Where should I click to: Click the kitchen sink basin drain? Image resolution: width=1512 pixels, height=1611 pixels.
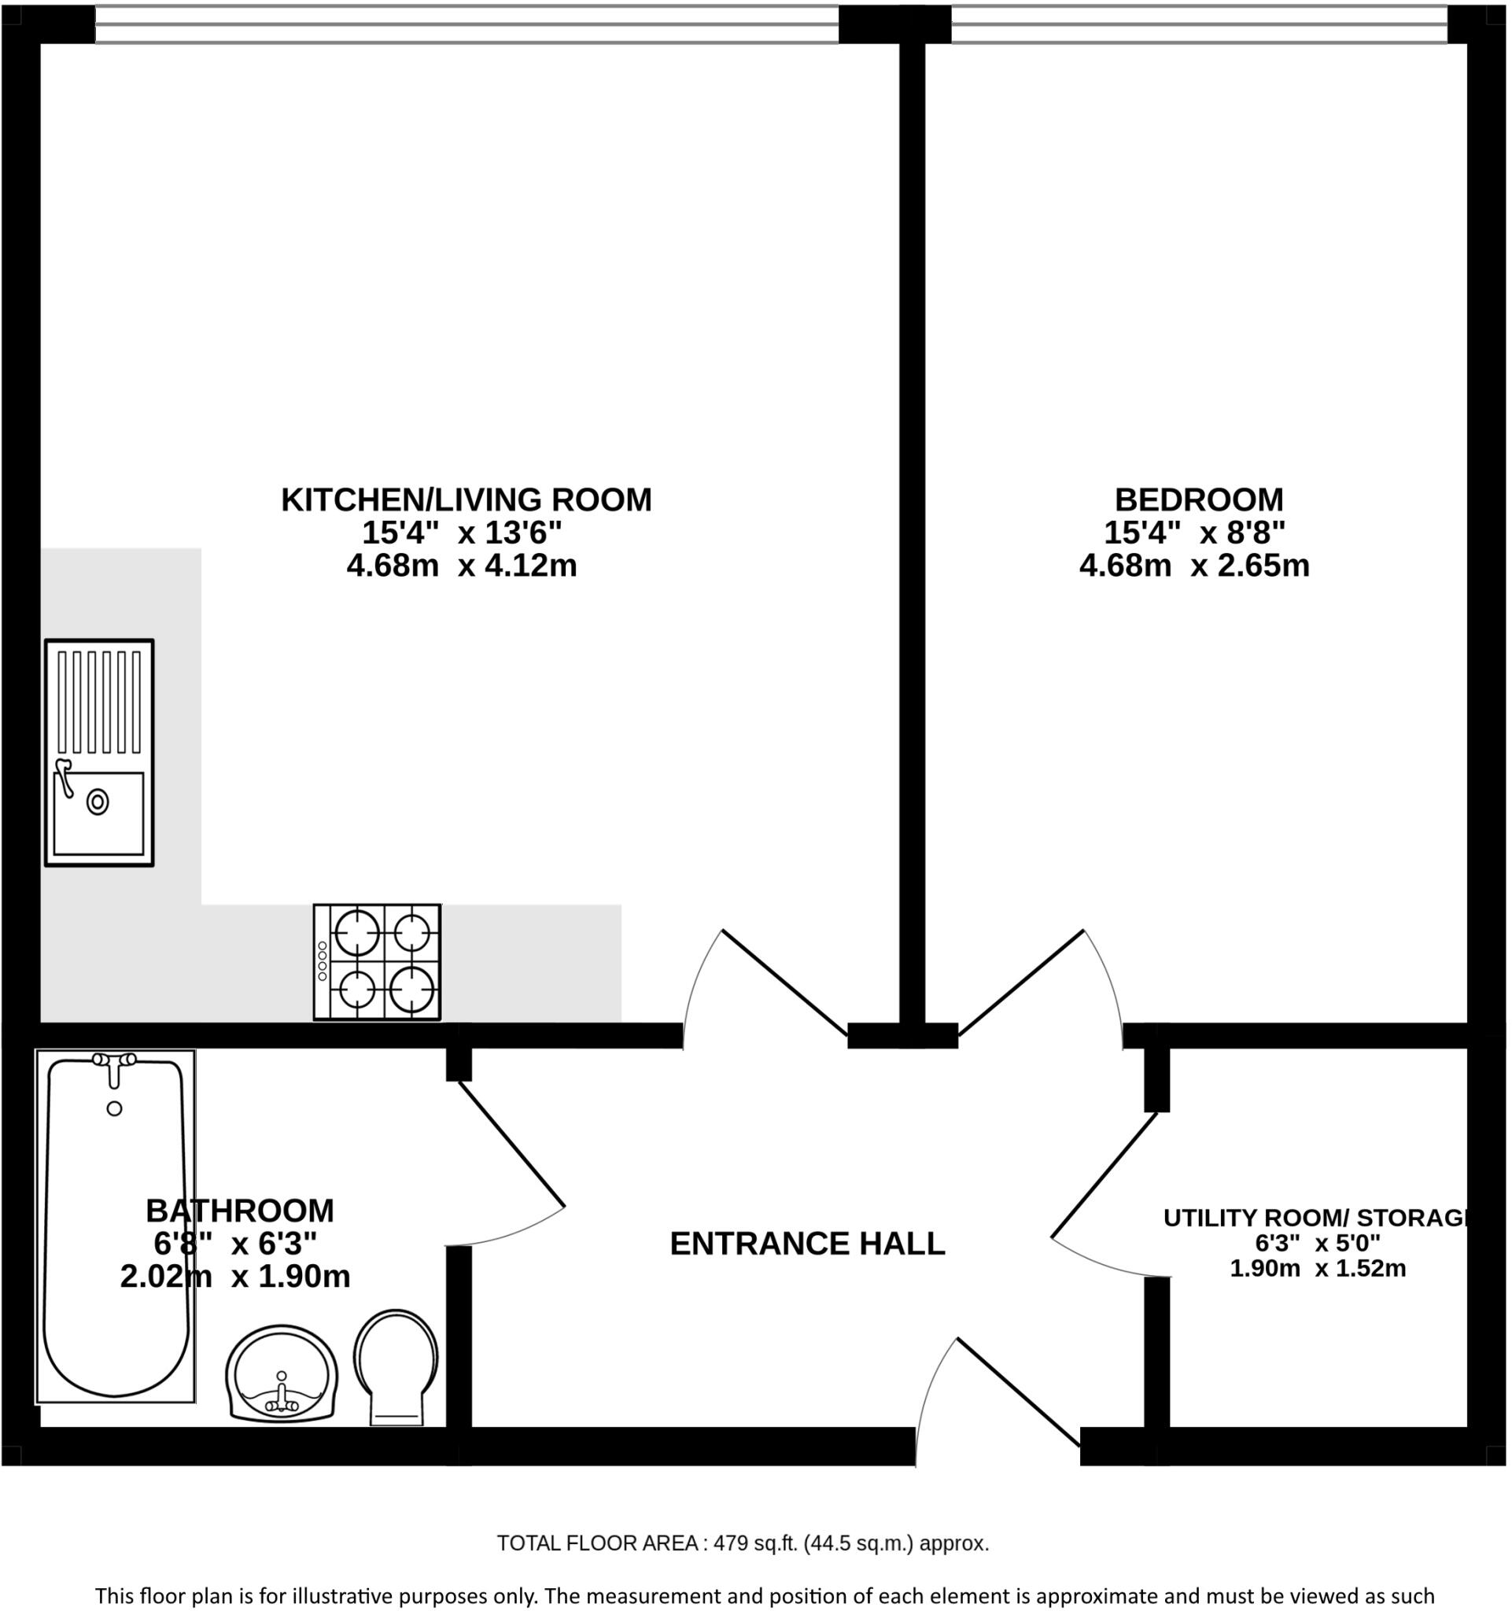[98, 802]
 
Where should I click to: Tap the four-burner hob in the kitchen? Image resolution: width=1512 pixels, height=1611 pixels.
[377, 961]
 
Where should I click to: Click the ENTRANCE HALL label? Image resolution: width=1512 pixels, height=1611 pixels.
[807, 1243]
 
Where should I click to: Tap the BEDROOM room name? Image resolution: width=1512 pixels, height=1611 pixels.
[1198, 500]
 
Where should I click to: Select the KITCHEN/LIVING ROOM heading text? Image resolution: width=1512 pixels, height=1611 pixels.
[466, 500]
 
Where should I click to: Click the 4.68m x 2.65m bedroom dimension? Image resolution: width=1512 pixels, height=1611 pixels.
[1194, 565]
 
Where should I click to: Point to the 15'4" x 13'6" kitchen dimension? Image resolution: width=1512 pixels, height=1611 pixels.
[461, 533]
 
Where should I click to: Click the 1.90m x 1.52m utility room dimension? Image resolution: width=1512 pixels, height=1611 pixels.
[1318, 1267]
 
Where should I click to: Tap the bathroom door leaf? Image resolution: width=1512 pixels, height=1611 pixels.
[511, 1144]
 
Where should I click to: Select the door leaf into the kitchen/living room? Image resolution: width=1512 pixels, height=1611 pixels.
[784, 983]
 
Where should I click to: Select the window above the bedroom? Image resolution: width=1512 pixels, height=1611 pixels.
[1198, 24]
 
